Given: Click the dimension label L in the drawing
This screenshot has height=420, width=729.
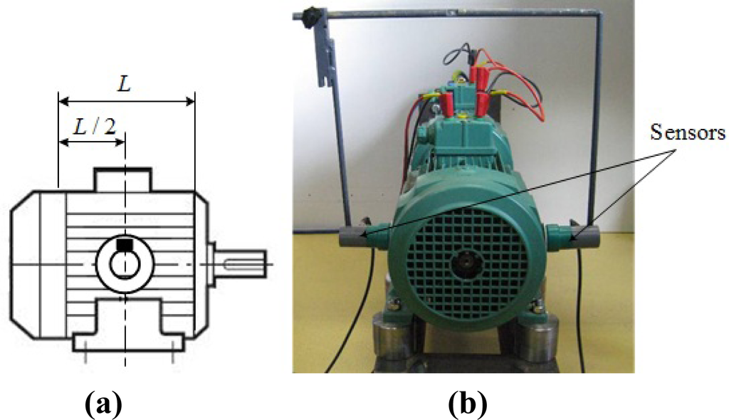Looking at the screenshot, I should pyautogui.click(x=125, y=85).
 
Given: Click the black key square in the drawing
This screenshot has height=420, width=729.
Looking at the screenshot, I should pyautogui.click(x=125, y=246).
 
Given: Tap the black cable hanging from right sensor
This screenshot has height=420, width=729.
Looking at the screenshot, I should pyautogui.click(x=581, y=306).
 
